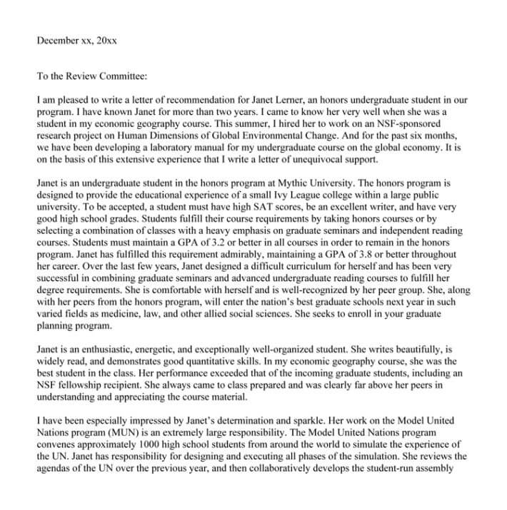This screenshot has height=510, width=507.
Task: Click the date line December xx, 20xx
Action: [76, 41]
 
